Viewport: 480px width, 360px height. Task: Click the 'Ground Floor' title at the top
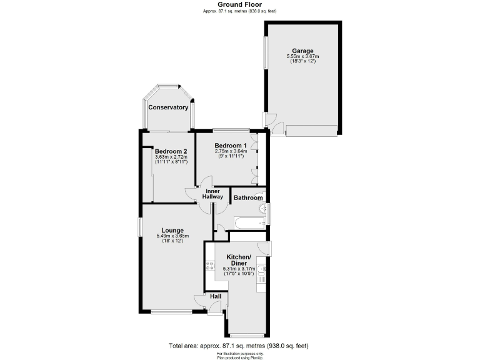tap(239, 4)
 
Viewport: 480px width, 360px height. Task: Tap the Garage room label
tap(302, 51)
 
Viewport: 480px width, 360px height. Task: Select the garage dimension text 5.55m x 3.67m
tap(302, 57)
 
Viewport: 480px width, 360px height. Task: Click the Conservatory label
tap(168, 107)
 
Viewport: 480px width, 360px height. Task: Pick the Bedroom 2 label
tap(171, 151)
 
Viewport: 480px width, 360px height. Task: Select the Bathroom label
tap(247, 198)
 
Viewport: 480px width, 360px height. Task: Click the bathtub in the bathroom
tap(248, 222)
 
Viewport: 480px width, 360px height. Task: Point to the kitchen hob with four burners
tap(209, 266)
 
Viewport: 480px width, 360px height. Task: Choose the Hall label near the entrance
tap(215, 296)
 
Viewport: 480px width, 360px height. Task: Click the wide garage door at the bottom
tap(311, 131)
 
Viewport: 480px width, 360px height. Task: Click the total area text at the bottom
tap(238, 346)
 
